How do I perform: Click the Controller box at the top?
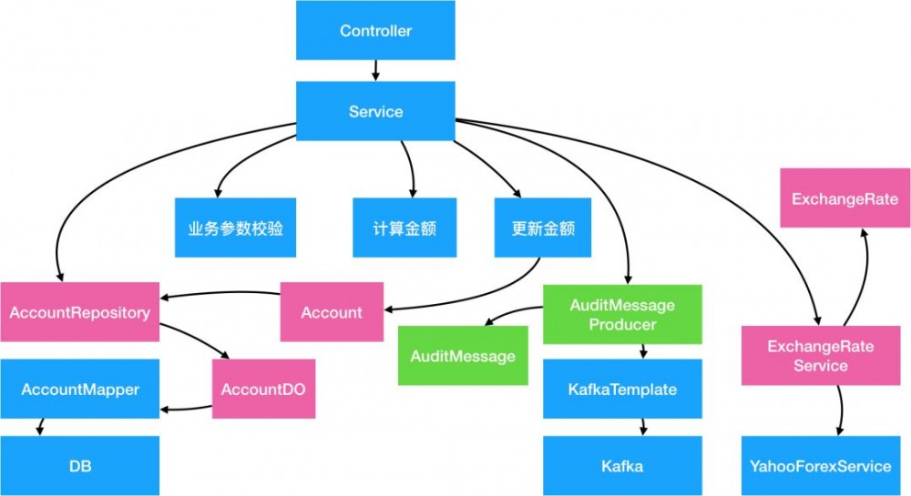pyautogui.click(x=375, y=31)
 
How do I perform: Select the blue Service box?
pyautogui.click(x=375, y=111)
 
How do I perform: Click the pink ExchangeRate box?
pyautogui.click(x=844, y=199)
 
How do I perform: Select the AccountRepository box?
pyautogui.click(x=79, y=312)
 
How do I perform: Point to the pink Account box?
pyautogui.click(x=332, y=312)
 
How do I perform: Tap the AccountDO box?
pyautogui.click(x=263, y=389)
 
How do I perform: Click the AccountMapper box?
pyautogui.click(x=79, y=390)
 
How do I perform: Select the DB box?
pyautogui.click(x=79, y=466)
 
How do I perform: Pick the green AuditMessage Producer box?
pyautogui.click(x=622, y=315)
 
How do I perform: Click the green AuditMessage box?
pyautogui.click(x=463, y=355)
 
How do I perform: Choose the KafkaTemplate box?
pyautogui.click(x=622, y=390)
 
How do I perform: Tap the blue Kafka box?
pyautogui.click(x=622, y=466)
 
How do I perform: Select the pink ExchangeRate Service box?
pyautogui.click(x=820, y=356)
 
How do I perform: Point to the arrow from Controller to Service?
pyautogui.click(x=375, y=71)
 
